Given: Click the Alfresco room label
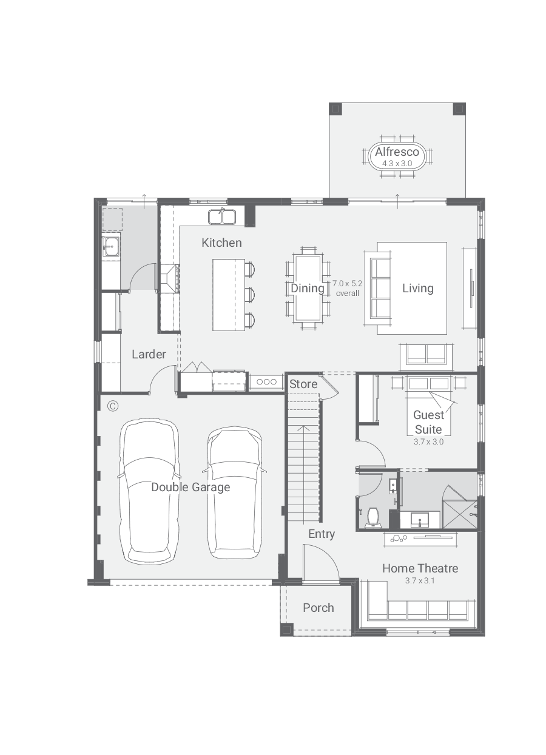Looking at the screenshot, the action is tap(397, 152).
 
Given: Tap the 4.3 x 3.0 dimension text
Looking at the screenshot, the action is tap(397, 164).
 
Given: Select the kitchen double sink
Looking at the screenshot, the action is tap(221, 216).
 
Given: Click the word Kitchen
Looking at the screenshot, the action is tap(221, 243).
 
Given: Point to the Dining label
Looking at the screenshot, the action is tap(307, 288).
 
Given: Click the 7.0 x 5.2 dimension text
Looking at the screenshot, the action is tap(348, 283).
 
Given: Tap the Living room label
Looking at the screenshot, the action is tap(418, 288).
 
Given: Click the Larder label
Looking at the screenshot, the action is tap(149, 354).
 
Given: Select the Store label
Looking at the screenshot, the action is tap(303, 384).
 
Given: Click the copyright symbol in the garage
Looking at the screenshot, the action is tap(113, 406).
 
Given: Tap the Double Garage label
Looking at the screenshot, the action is tap(190, 488).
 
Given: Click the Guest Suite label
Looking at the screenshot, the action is tap(429, 422).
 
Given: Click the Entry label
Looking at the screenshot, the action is tap(322, 534).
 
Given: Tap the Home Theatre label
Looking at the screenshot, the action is tap(420, 568).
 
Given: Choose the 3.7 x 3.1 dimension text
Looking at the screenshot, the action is tap(420, 580).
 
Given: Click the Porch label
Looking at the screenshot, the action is tap(318, 608).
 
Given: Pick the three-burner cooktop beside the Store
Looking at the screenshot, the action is tap(266, 382).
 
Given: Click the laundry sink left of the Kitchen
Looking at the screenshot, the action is tap(110, 247).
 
